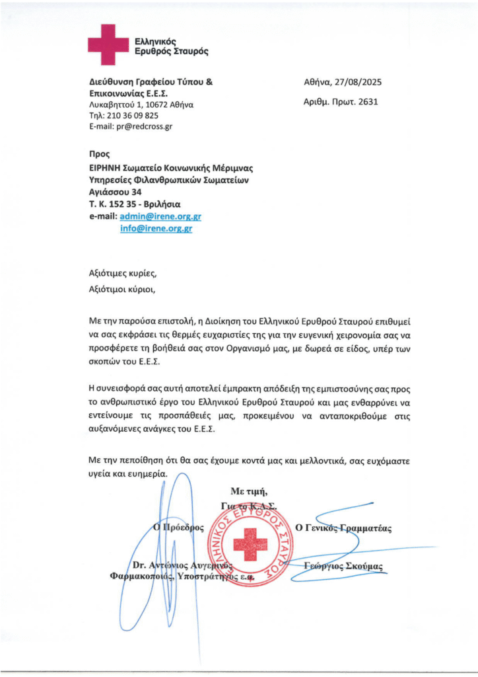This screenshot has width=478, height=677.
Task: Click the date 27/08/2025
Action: (358, 83)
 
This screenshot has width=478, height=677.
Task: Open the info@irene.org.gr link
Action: (156, 228)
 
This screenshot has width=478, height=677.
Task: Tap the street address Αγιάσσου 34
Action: (116, 192)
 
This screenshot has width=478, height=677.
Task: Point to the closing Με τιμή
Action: (249, 491)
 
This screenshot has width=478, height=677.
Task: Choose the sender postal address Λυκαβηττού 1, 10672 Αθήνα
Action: (141, 104)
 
